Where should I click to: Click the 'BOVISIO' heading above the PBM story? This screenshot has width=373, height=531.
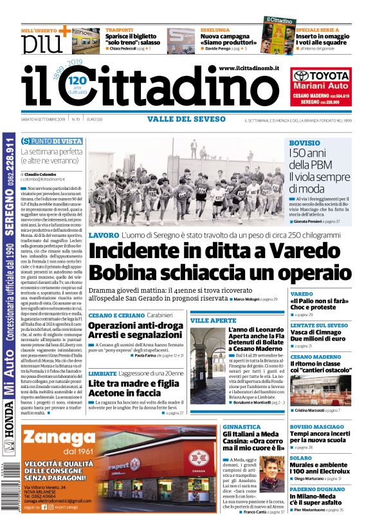[x=305, y=142]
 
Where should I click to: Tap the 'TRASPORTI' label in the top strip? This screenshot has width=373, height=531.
[x=120, y=30]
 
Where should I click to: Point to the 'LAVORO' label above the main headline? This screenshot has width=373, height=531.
[x=104, y=235]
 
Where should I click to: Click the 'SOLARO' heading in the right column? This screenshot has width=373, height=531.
[x=301, y=458]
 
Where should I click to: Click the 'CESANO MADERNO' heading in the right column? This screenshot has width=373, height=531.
[x=316, y=357]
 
